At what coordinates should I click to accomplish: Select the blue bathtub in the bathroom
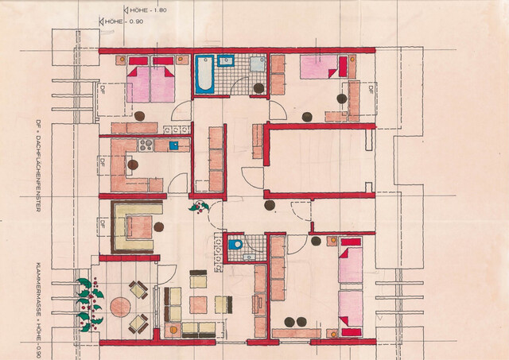[x=205, y=75]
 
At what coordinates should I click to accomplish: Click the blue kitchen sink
[x=174, y=145]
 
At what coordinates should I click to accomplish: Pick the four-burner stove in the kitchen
[x=146, y=145]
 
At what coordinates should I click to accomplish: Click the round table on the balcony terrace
[x=121, y=307]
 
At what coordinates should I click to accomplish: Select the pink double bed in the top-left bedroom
[x=151, y=83]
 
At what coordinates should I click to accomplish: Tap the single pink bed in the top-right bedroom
[x=321, y=69]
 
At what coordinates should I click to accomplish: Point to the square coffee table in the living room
[x=199, y=304]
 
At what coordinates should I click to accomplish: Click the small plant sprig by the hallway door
[x=198, y=207]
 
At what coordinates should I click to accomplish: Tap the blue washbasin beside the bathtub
[x=226, y=60]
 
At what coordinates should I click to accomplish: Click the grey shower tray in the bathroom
[x=258, y=64]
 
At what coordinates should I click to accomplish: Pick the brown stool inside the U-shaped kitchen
[x=133, y=165]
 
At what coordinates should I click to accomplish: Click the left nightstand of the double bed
[x=120, y=60]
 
